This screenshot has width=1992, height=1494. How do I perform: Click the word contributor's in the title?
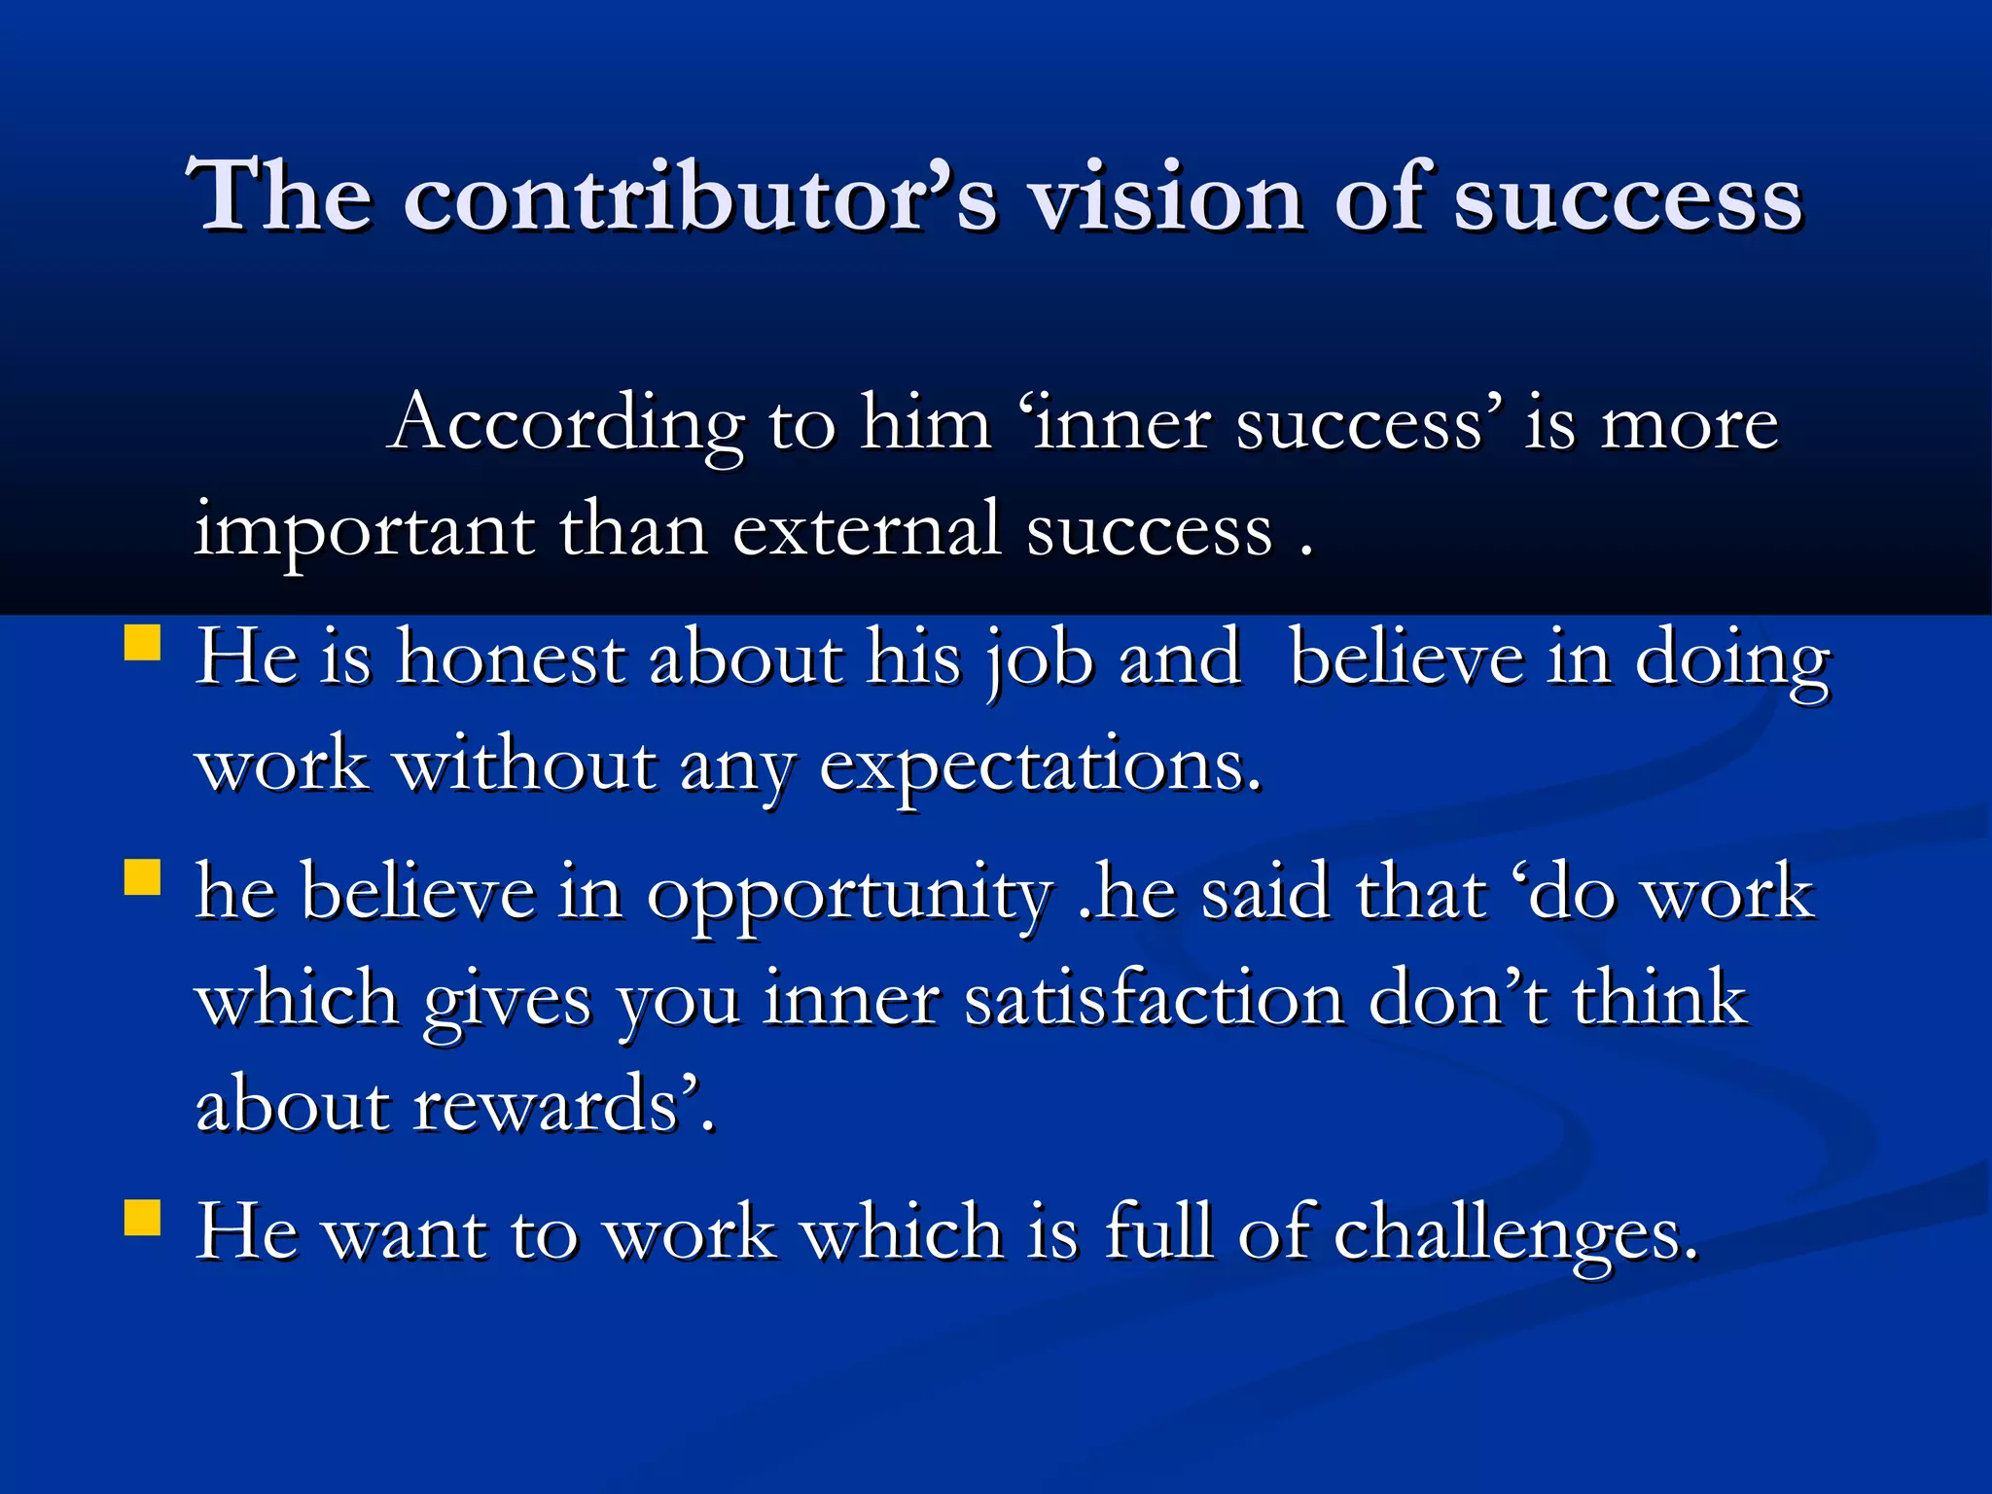700,196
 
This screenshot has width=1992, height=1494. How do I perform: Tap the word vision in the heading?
1166,196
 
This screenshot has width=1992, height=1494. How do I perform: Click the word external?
866,530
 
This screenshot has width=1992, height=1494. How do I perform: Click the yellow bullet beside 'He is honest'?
143,643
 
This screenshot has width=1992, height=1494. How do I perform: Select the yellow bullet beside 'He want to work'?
143,1217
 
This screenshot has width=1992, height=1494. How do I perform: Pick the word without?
524,765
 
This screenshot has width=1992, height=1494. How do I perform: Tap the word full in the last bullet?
1159,1232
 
